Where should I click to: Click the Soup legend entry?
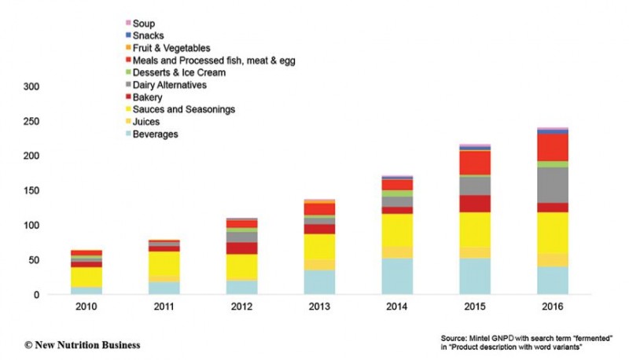point(145,23)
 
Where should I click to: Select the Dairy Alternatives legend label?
point(170,85)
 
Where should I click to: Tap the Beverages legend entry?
point(155,134)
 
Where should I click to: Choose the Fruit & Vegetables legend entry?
point(171,48)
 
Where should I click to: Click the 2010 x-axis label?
point(86,307)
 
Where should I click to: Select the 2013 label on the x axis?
point(319,307)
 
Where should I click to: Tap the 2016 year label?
point(553,307)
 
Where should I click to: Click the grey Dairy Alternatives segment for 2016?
point(553,185)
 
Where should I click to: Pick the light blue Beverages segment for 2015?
point(475,276)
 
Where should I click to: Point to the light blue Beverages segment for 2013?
point(319,282)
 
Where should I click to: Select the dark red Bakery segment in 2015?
point(475,204)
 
